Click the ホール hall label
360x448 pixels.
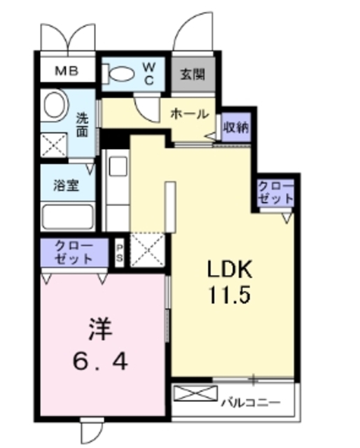188,113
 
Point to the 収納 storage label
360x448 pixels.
235,128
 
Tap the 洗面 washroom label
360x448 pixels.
81,124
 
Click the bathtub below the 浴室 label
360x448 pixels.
68,216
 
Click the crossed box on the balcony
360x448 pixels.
191,393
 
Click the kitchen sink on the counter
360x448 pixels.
116,167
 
